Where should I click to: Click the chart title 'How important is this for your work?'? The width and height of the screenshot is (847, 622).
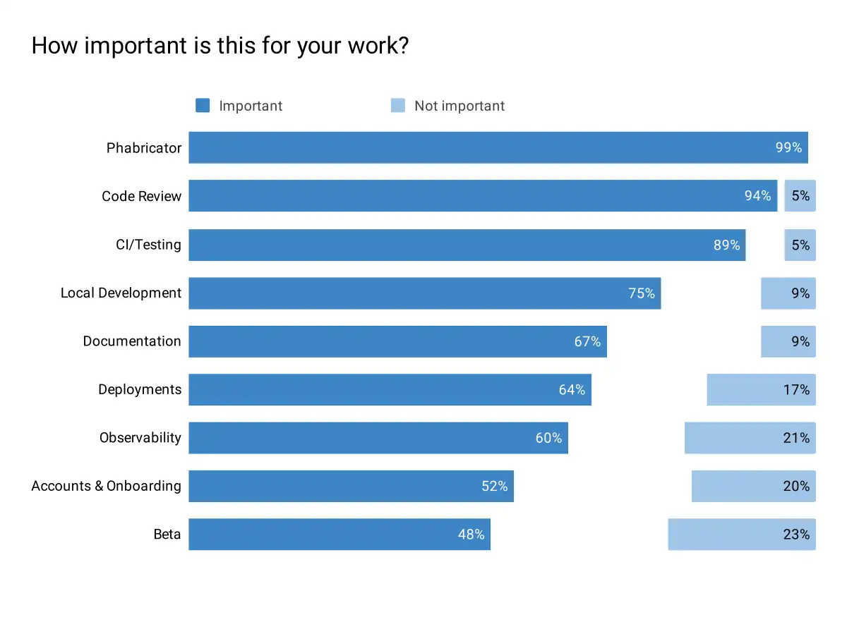coord(220,47)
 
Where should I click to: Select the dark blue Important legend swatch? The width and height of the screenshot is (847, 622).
coord(203,106)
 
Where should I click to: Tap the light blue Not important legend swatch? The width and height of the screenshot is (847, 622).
coord(398,106)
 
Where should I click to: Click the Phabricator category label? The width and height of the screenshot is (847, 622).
coord(144,148)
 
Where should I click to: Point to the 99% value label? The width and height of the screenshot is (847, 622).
coord(788,148)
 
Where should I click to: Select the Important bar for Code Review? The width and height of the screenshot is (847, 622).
coord(483,196)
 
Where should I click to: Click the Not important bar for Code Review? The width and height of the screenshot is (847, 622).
coord(800,196)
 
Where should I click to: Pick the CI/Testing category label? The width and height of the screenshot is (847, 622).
coord(148,245)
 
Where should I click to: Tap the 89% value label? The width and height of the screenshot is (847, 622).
coord(726,245)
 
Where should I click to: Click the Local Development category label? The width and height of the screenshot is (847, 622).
coord(121,293)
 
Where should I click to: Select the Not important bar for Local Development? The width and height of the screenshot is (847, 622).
coord(788,293)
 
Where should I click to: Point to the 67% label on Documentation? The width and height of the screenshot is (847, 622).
coord(587,342)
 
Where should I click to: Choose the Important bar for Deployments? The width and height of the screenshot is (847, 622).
coord(390,390)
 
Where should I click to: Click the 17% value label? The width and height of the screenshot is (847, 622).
coord(796,390)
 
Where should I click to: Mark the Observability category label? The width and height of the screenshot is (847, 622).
coord(140,438)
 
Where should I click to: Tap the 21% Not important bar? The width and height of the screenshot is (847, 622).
coord(750,438)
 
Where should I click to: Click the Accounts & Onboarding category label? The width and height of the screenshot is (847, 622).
coord(106,486)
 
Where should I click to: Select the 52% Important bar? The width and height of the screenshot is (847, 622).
coord(351,487)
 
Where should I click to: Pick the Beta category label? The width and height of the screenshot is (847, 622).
coord(167,535)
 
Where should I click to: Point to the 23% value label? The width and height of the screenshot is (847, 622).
coord(796,535)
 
